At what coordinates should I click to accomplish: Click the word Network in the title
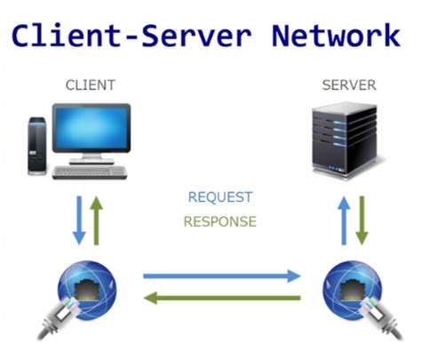pyautogui.click(x=336, y=36)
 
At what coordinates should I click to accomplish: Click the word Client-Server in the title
pyautogui.click(x=131, y=36)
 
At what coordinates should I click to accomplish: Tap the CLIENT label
pyautogui.click(x=91, y=85)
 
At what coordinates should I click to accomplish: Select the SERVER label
pyautogui.click(x=349, y=85)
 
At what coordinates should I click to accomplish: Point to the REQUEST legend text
pyautogui.click(x=220, y=197)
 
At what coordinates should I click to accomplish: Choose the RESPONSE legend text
pyautogui.click(x=220, y=221)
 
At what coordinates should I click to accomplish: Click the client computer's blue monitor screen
pyautogui.click(x=91, y=128)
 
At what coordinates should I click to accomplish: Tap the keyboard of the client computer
pyautogui.click(x=90, y=172)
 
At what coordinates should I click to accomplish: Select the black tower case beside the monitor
pyautogui.click(x=37, y=146)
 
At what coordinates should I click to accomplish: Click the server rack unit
pyautogui.click(x=346, y=140)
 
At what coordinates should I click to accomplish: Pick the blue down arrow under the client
pyautogui.click(x=79, y=220)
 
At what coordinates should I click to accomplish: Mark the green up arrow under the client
pyautogui.click(x=96, y=220)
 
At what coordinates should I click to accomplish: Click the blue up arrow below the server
pyautogui.click(x=344, y=220)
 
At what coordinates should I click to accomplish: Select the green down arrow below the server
pyautogui.click(x=361, y=220)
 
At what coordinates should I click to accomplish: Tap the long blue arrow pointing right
pyautogui.click(x=222, y=276)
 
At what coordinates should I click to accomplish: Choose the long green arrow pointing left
pyautogui.click(x=222, y=298)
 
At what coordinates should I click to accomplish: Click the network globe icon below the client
pyautogui.click(x=87, y=291)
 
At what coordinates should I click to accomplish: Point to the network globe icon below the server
pyautogui.click(x=353, y=291)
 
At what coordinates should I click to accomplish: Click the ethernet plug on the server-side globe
pyautogui.click(x=382, y=318)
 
